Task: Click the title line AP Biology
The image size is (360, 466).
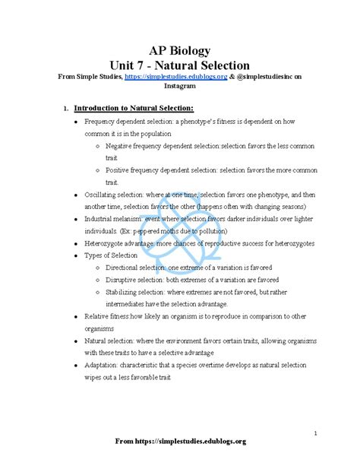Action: pos(179,51)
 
